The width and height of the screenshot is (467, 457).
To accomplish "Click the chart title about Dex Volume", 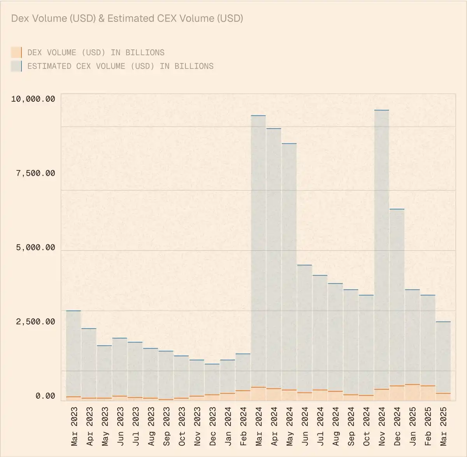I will (x=127, y=18).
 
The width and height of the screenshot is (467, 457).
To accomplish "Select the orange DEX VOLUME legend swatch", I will (x=16, y=52).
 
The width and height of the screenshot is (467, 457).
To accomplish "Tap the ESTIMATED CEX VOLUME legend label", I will (x=120, y=66).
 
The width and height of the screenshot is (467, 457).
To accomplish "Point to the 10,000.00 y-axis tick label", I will (x=33, y=99).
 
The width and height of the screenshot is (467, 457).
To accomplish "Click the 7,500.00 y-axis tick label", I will (x=35, y=173).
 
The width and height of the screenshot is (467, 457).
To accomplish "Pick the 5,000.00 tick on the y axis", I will (x=35, y=248).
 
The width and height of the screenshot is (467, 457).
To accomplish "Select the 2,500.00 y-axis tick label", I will (x=35, y=322).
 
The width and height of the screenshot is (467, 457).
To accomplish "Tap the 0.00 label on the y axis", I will (x=45, y=396).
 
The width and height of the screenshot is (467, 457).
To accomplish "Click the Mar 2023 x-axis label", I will (x=74, y=426).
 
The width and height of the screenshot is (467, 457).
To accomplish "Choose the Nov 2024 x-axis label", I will (x=381, y=426).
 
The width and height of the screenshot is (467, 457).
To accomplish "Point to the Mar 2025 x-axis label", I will (x=443, y=426).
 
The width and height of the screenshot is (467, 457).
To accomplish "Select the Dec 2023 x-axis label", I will (x=212, y=426).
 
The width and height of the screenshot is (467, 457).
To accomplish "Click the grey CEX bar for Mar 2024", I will (x=258, y=250).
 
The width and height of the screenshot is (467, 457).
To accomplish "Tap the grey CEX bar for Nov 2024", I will (x=381, y=250).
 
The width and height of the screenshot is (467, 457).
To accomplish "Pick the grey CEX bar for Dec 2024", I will (x=397, y=296).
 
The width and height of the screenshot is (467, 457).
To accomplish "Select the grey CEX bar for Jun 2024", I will (x=305, y=328).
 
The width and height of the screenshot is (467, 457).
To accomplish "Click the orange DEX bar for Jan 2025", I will (x=412, y=392).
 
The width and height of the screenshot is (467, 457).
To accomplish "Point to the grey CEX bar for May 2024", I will (x=289, y=265).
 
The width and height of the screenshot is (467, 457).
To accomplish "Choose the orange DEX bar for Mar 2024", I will (x=258, y=393).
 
